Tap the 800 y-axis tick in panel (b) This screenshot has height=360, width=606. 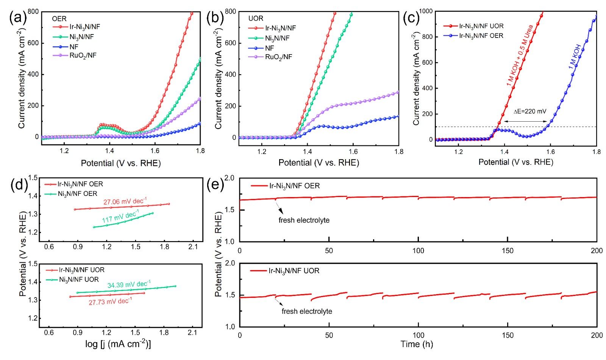[x=230, y=11]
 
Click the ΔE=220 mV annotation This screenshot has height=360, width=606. [x=530, y=111]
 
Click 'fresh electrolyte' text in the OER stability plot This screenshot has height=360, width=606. [x=304, y=220]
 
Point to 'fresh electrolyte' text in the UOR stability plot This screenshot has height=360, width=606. [x=307, y=311]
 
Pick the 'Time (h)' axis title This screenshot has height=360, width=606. [x=417, y=344]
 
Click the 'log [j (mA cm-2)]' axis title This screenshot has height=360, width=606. [x=118, y=344]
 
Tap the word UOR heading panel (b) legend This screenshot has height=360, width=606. [x=256, y=18]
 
